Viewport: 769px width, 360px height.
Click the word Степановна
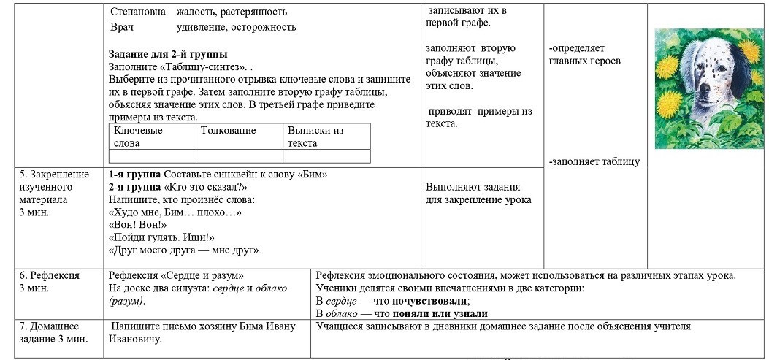click(x=137, y=12)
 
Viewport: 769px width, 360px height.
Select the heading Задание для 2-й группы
click(x=168, y=54)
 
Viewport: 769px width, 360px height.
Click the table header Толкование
click(x=228, y=131)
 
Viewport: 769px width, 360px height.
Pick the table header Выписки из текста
click(x=315, y=137)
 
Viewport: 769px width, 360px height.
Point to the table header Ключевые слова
click(x=138, y=137)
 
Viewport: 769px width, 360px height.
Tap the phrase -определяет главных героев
click(x=584, y=55)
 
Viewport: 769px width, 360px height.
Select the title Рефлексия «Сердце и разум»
click(x=176, y=275)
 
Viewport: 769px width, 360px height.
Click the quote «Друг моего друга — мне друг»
click(x=185, y=250)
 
